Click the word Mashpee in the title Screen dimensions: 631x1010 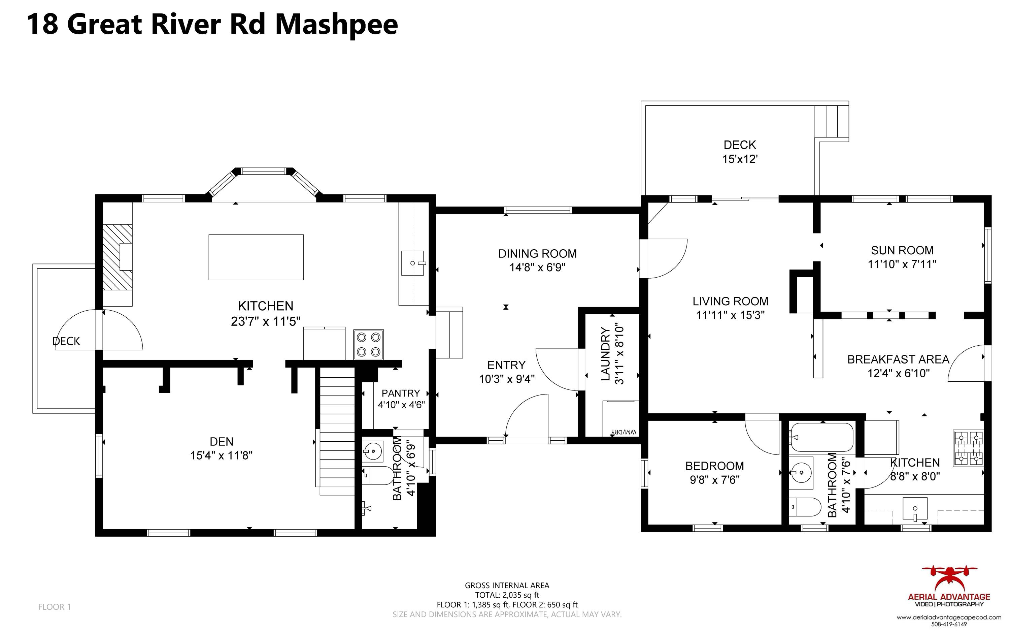(336, 24)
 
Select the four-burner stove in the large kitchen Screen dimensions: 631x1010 (368, 344)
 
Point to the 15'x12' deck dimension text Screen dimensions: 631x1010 (739, 159)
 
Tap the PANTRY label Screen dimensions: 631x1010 (400, 393)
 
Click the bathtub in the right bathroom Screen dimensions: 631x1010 (821, 437)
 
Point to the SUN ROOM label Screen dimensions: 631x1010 (902, 250)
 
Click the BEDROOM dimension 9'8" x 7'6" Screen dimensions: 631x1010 (714, 480)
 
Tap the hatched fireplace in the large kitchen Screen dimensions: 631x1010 (117, 257)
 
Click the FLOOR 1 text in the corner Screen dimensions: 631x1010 (54, 607)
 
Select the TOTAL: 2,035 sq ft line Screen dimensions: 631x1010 (507, 595)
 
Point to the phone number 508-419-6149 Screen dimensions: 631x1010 (949, 624)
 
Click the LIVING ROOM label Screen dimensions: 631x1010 (730, 301)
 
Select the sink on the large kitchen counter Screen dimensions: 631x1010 (412, 263)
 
